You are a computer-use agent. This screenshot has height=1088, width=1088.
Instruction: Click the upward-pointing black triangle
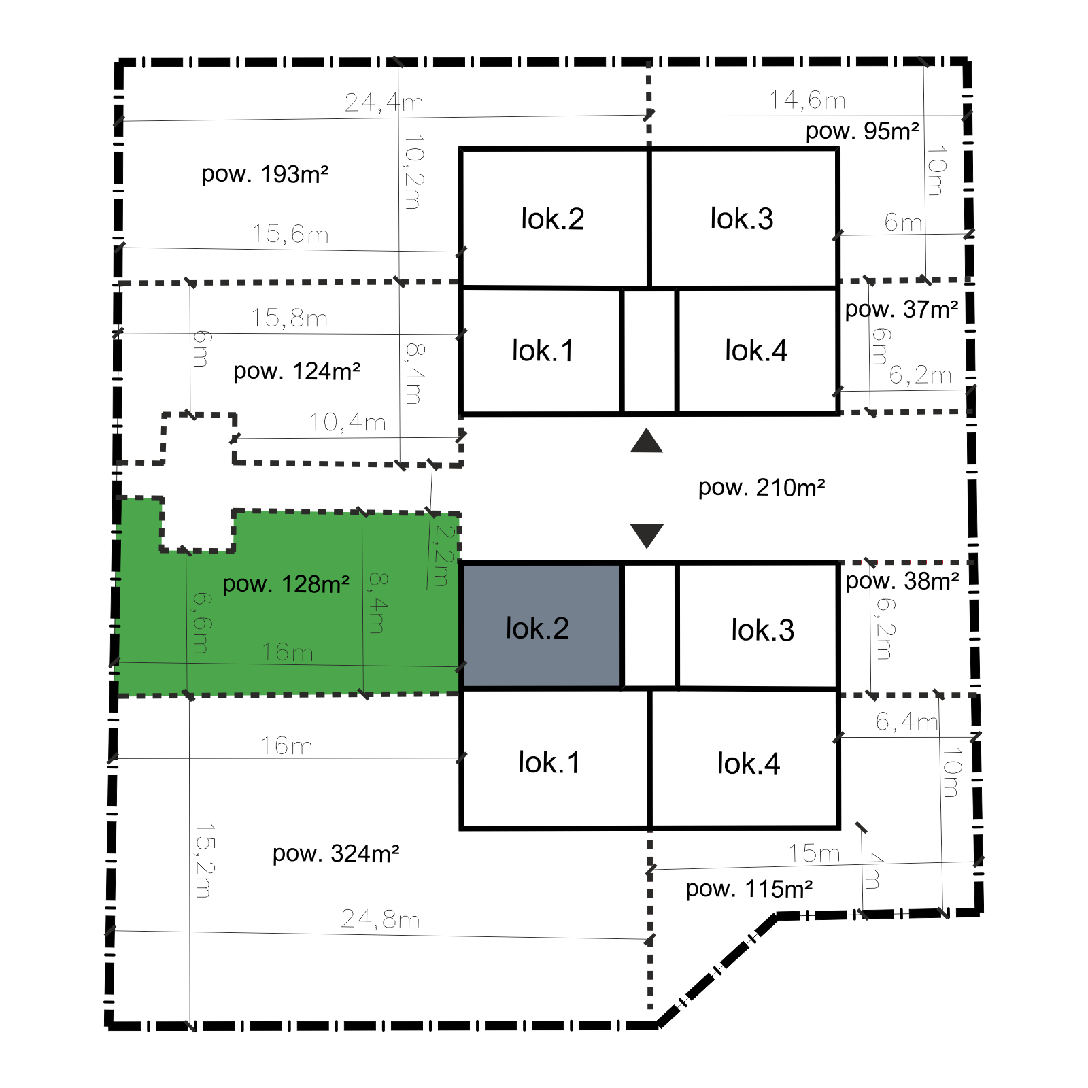647,441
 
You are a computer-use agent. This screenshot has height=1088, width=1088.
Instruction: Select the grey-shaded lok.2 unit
542,626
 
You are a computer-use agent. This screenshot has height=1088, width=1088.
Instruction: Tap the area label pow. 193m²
265,174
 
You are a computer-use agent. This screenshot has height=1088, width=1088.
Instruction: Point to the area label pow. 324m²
336,853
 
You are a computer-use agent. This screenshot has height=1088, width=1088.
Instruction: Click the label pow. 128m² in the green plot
286,584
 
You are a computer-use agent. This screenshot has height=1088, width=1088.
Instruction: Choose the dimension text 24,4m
384,103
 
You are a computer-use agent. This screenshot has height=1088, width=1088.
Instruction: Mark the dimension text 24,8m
381,919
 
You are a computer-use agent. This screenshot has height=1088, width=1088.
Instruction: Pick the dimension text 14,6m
808,101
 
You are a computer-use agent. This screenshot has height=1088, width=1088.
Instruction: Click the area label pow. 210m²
762,488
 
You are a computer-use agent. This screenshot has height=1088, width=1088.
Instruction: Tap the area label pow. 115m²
749,889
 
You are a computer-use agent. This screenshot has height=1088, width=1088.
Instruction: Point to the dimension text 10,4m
348,423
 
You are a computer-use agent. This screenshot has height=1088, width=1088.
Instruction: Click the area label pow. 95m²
862,131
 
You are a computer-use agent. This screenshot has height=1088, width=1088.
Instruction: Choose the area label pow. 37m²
902,309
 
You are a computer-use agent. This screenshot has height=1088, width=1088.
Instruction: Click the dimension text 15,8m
290,318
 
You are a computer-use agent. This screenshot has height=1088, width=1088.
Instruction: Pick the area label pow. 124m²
297,371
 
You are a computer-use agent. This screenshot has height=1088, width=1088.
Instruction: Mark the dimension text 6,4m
906,721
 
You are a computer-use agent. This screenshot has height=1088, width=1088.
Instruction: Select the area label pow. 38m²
902,581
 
